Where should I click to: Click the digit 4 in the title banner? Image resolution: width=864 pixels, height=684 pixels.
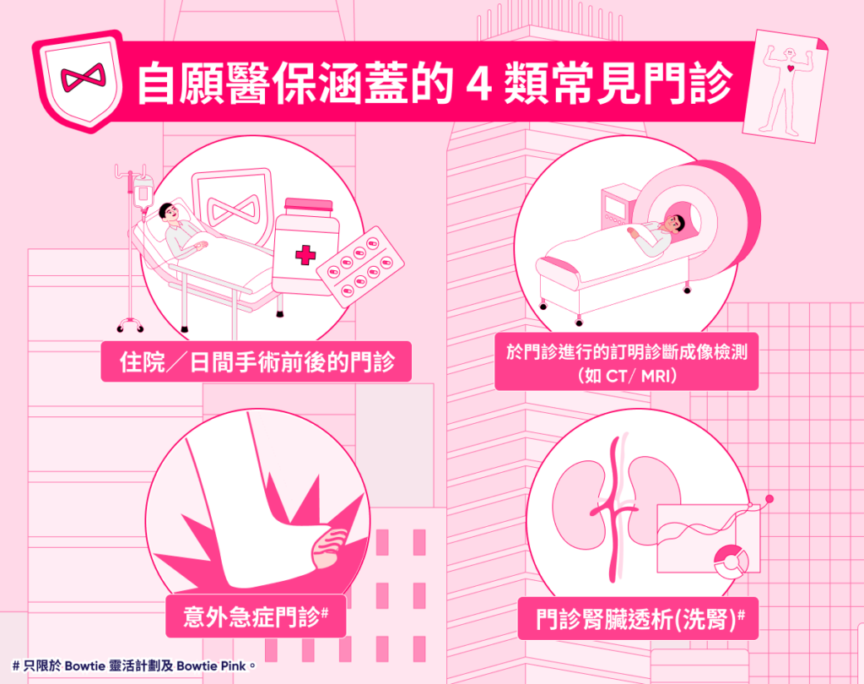(x=478, y=84)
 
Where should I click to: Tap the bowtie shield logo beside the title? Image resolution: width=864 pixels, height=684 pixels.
(x=78, y=80)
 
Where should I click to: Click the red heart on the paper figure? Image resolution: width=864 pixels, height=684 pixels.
(x=791, y=69)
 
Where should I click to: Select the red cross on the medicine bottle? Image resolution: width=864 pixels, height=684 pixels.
(x=305, y=255)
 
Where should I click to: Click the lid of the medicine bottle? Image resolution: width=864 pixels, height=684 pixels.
(x=309, y=206)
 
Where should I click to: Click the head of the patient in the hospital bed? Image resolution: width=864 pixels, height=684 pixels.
(x=168, y=211)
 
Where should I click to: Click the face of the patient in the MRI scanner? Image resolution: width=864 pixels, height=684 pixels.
(x=676, y=224)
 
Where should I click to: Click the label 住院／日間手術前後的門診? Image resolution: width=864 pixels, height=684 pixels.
(x=256, y=362)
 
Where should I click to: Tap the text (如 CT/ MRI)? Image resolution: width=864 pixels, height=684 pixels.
(x=627, y=377)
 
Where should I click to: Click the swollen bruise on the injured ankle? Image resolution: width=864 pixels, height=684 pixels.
(x=330, y=546)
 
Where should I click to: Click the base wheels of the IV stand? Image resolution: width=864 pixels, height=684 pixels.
(x=131, y=326)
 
